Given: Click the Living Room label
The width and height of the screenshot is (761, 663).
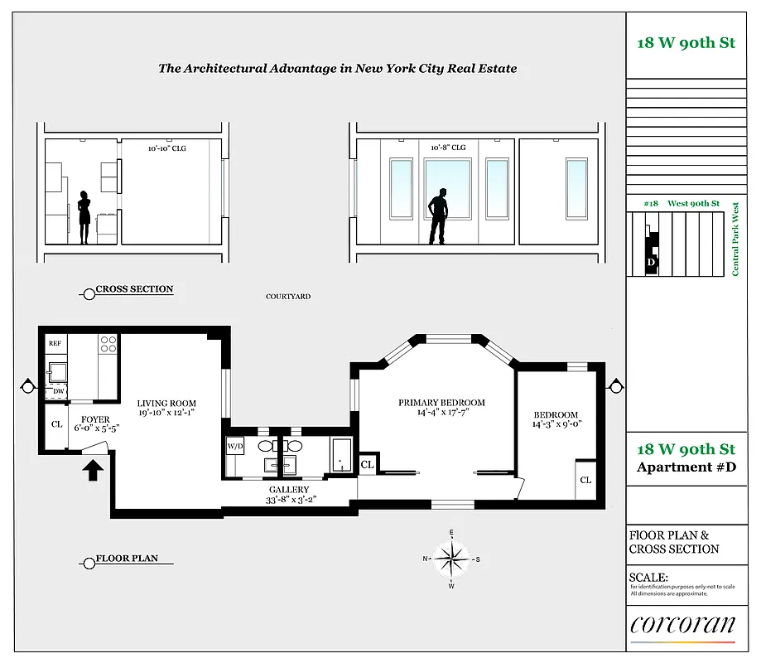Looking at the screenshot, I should point(166,404).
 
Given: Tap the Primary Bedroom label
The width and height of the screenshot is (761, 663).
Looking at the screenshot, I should point(441,403).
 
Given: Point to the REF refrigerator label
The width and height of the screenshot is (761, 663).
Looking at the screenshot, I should point(55,342).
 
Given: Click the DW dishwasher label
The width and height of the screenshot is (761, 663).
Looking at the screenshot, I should point(58,390).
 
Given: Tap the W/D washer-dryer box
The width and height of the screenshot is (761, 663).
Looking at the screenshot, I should point(234,447).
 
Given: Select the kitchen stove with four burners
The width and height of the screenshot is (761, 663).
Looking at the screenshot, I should point(108,344).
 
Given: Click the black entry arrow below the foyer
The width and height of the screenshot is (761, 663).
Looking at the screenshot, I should point(94,470).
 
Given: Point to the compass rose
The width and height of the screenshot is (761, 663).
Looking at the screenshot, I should point(451,559).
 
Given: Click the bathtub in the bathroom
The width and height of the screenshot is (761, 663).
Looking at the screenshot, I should point(341,456).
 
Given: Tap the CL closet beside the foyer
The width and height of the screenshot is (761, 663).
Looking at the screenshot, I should point(56,424).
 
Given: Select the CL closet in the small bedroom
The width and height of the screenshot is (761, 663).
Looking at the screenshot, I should point(585,480).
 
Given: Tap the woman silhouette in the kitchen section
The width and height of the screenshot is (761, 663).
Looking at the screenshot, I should point(84,217).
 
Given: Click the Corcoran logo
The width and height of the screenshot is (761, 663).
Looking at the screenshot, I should point(682,626).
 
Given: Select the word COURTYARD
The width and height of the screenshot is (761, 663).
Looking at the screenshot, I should point(288,297).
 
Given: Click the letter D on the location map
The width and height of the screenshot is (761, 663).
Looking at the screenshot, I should point(651,263).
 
